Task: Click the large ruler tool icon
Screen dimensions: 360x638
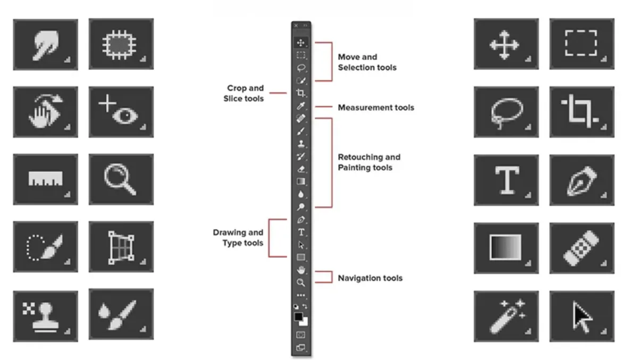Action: pyautogui.click(x=45, y=180)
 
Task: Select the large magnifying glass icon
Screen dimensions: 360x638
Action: pyautogui.click(x=121, y=180)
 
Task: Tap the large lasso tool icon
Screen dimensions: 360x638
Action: pyautogui.click(x=506, y=112)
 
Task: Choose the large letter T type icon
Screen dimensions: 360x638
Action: pyautogui.click(x=506, y=180)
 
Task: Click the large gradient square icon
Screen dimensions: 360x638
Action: pyautogui.click(x=506, y=248)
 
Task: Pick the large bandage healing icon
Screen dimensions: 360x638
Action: pyautogui.click(x=582, y=248)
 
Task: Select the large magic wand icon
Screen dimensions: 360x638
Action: pyautogui.click(x=506, y=316)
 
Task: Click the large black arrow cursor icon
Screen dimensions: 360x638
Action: pyautogui.click(x=582, y=316)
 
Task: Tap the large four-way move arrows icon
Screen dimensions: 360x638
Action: pyautogui.click(x=506, y=44)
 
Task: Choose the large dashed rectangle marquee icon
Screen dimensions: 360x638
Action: pyautogui.click(x=582, y=44)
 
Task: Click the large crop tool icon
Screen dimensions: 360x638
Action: pyautogui.click(x=582, y=112)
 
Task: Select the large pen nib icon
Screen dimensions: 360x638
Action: pyautogui.click(x=582, y=180)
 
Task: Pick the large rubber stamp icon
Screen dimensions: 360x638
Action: pyautogui.click(x=45, y=316)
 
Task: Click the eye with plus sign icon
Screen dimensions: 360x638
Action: pyautogui.click(x=121, y=112)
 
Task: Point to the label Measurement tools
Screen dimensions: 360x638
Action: pyautogui.click(x=375, y=107)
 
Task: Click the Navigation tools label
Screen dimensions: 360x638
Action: pyautogui.click(x=370, y=278)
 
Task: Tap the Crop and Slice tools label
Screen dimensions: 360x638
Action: pyautogui.click(x=245, y=93)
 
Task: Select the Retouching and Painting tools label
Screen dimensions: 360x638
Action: pyautogui.click(x=369, y=162)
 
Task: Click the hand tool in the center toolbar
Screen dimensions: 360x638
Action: pyautogui.click(x=301, y=270)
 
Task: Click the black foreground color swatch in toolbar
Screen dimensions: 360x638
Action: pyautogui.click(x=298, y=317)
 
